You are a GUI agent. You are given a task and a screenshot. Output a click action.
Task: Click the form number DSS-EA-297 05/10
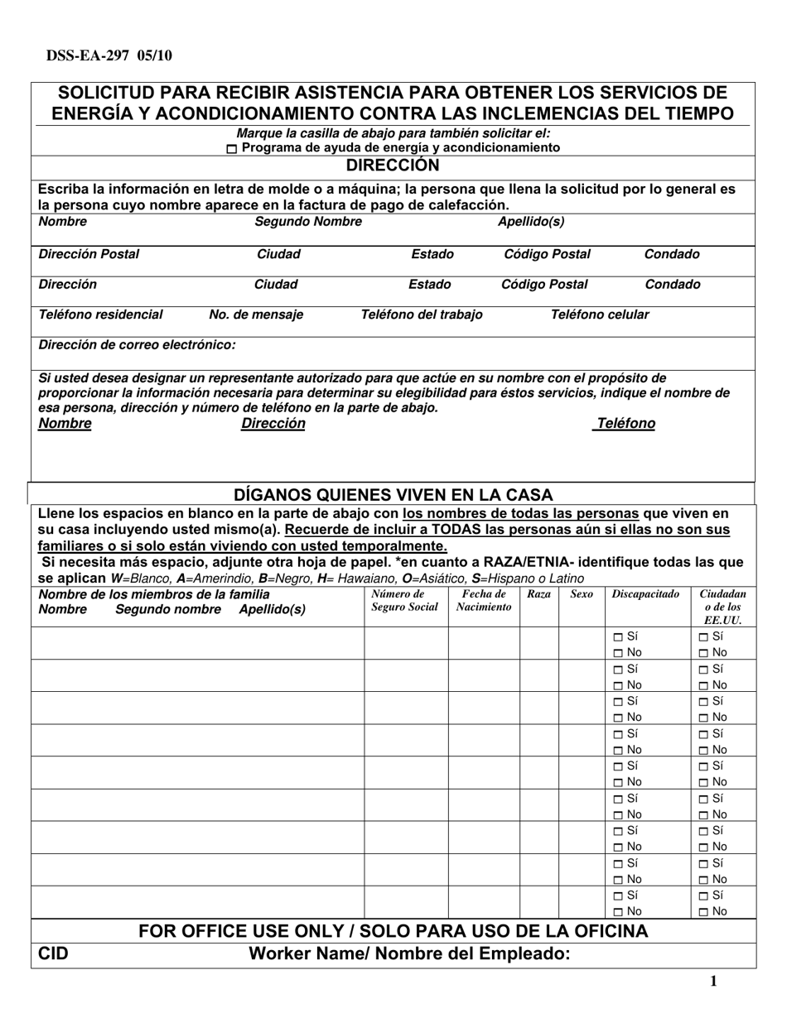pos(104,56)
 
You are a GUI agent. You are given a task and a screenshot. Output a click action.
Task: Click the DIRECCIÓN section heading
pos(392,165)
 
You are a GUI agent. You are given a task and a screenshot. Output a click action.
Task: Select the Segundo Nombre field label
pos(307,222)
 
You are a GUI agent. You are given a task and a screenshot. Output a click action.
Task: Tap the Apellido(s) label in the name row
pos(530,222)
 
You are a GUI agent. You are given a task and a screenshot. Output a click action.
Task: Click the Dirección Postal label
pos(89,254)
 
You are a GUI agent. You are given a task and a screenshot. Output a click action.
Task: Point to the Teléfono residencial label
pos(101,315)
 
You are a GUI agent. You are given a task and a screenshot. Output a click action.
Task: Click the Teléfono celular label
pos(600,315)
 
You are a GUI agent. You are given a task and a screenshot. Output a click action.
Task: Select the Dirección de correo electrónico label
pos(137,344)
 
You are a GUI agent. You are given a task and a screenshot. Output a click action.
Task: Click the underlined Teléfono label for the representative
pos(625,424)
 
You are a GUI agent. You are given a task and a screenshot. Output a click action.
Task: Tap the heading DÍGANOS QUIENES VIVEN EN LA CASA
pos(393,495)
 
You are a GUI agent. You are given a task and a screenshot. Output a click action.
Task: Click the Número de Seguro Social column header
pos(405,601)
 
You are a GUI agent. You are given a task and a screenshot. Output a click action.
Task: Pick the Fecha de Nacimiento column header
pos(484,601)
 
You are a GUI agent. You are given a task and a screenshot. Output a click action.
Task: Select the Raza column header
pos(538,594)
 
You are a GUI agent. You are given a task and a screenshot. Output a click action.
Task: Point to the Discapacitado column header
pos(645,594)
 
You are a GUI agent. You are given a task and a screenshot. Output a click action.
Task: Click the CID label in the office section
pos(54,954)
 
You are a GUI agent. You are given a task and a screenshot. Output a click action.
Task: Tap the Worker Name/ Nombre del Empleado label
pos(410,954)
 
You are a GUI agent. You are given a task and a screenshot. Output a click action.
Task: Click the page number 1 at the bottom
pos(713,982)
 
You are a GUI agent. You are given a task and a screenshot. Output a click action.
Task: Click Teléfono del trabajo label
pos(422,315)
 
